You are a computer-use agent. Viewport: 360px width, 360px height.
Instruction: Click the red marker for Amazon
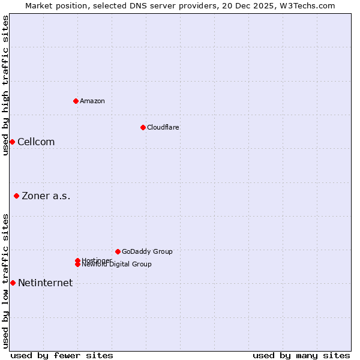click(x=76, y=101)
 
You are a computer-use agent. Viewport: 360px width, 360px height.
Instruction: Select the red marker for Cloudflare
click(x=143, y=127)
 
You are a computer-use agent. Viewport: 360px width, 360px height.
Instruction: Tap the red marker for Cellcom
click(x=12, y=142)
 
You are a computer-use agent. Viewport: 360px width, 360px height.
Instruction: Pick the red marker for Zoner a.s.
click(x=16, y=196)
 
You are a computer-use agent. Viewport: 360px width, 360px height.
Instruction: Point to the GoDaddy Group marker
click(x=118, y=251)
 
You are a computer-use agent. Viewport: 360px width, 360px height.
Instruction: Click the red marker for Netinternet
click(x=13, y=283)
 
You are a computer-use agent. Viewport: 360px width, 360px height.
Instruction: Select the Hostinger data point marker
click(x=77, y=260)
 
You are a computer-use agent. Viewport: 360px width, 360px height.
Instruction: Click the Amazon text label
click(x=92, y=101)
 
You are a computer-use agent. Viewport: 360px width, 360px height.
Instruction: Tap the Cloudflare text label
click(x=163, y=127)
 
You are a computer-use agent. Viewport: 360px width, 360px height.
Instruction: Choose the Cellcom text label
click(x=36, y=142)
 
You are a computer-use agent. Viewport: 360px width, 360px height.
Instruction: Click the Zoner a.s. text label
click(x=46, y=196)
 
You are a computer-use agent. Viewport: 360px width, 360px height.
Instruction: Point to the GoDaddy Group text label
click(x=147, y=251)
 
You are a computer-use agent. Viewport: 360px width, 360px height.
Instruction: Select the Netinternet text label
click(x=46, y=283)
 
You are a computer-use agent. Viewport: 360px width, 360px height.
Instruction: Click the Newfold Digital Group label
click(x=116, y=265)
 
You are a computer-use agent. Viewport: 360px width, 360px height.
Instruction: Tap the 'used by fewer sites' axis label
click(x=62, y=356)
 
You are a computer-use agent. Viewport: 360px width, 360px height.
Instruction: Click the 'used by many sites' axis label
click(x=301, y=356)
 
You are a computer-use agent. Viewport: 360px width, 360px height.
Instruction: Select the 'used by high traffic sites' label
click(x=6, y=85)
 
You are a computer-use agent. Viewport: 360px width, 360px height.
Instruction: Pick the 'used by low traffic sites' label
click(x=6, y=281)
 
